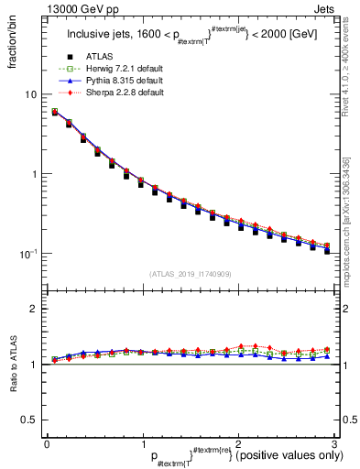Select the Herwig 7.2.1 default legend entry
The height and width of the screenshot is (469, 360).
tap(116, 70)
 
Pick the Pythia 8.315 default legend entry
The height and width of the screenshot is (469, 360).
tap(116, 81)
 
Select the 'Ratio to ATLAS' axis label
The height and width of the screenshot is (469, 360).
tap(12, 367)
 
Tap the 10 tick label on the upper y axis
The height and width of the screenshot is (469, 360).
tap(30, 95)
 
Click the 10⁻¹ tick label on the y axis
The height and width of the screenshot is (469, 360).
tap(27, 253)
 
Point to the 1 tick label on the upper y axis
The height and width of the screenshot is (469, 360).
tap(33, 174)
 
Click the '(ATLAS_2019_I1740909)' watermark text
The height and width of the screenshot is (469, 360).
tap(190, 273)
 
